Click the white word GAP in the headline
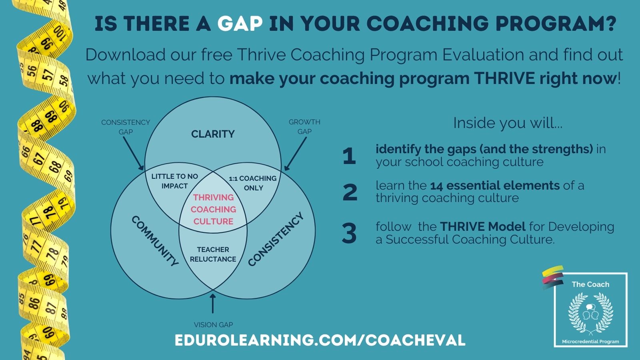[x=240, y=24]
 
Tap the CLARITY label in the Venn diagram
[x=213, y=134]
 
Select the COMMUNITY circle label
[x=155, y=241]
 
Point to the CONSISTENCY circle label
[x=276, y=240]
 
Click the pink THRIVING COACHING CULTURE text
[x=213, y=210]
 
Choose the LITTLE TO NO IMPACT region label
[x=174, y=181]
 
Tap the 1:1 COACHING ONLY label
[x=253, y=183]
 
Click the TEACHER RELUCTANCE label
[x=213, y=254]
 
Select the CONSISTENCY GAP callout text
[x=126, y=127]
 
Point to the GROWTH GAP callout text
[x=304, y=126]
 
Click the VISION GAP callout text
[x=214, y=325]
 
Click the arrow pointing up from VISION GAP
[x=212, y=302]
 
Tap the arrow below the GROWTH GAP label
[x=296, y=154]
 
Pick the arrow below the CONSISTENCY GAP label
[x=134, y=154]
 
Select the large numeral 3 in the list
[x=349, y=233]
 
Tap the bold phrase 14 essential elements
[x=495, y=186]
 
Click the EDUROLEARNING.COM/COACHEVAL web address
[x=320, y=340]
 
